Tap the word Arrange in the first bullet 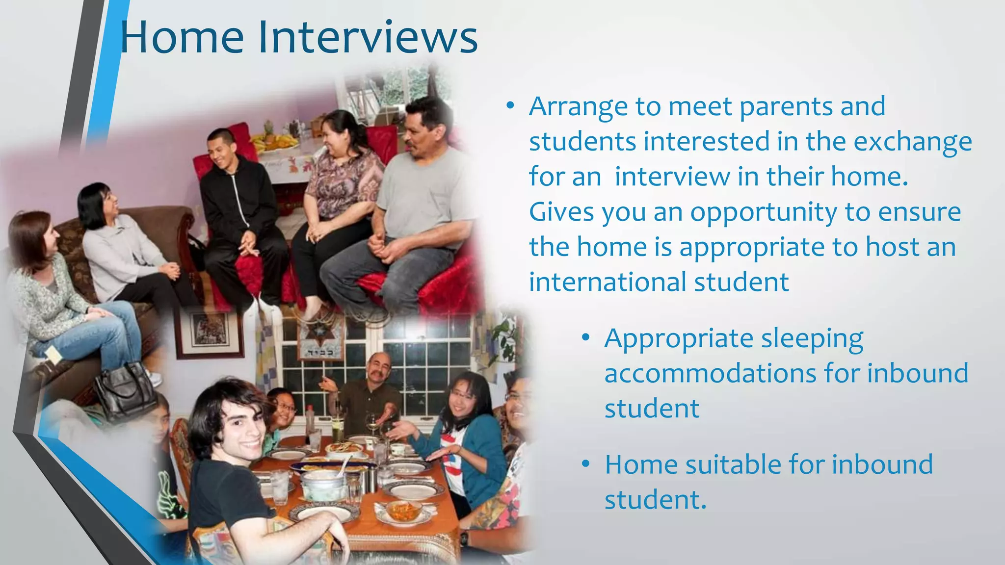[578, 107]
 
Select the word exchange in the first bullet [913, 142]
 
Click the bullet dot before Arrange [510, 106]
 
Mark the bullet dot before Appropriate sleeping [585, 338]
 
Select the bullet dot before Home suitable [585, 464]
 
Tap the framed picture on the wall [209, 332]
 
